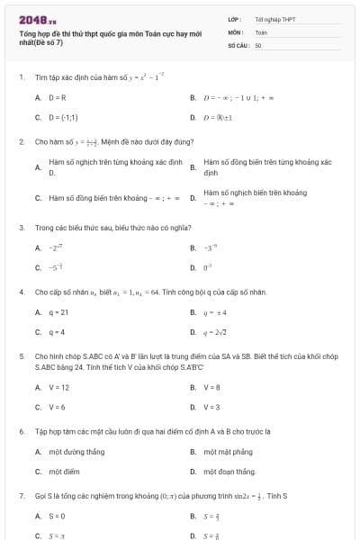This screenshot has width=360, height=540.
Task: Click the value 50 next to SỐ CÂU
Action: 258,44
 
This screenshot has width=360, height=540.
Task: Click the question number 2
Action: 21,141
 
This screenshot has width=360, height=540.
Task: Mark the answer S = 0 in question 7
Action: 57,516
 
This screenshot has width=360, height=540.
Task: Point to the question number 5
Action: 21,356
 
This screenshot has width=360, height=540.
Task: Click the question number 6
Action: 21,431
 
